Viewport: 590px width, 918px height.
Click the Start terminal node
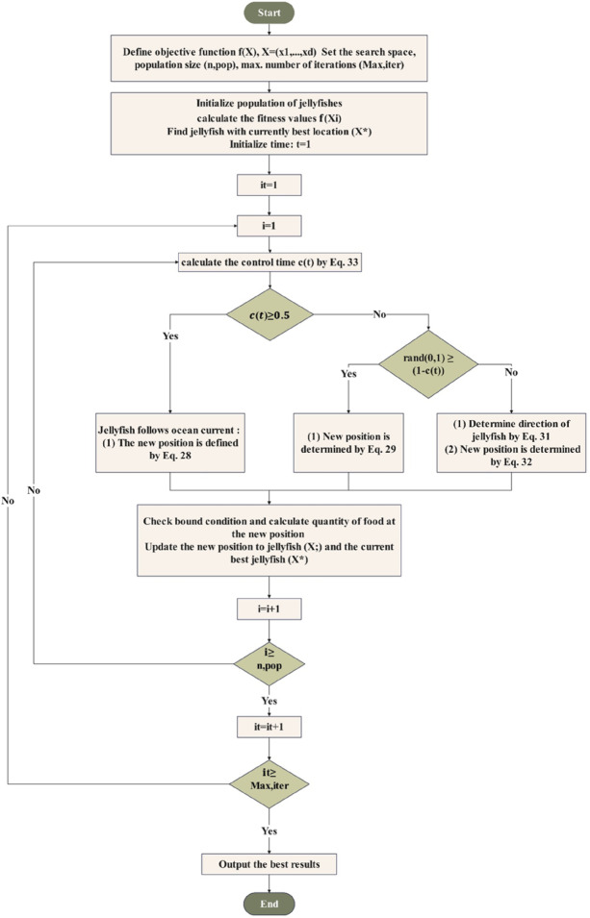click(x=269, y=13)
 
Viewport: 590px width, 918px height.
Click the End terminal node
click(x=269, y=904)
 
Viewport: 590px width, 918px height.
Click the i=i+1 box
click(x=269, y=608)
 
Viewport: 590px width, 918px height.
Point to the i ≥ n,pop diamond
click(x=269, y=662)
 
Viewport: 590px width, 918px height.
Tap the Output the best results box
click(x=269, y=864)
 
